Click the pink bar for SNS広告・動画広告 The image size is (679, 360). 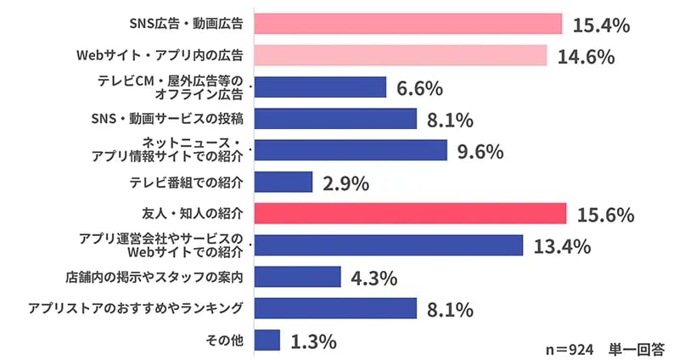(408, 24)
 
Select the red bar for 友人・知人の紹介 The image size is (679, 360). (410, 214)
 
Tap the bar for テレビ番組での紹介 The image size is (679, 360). (283, 182)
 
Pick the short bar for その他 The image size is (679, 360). (267, 340)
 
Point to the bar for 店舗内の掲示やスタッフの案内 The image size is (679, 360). (297, 278)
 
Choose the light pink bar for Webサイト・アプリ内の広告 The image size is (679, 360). (401, 55)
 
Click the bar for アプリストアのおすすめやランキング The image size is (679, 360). (335, 309)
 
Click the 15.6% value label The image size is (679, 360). (605, 215)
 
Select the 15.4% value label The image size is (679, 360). (601, 25)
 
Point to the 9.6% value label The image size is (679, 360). (480, 151)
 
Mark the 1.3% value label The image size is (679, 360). (313, 341)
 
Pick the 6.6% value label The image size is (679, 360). (419, 87)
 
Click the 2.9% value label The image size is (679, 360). (345, 183)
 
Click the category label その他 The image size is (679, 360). (225, 340)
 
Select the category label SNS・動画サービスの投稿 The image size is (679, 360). (167, 118)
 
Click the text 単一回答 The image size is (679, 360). (637, 348)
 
